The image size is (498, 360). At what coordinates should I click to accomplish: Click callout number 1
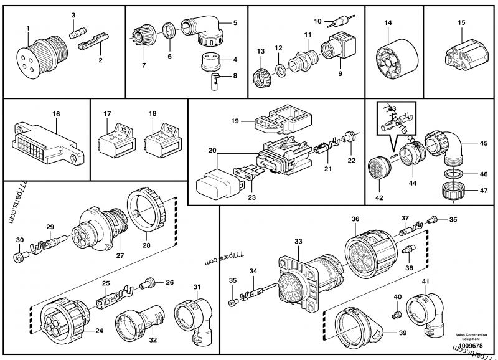click(28, 29)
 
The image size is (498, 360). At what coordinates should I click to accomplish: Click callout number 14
click(388, 23)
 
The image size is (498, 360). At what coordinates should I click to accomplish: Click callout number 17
click(107, 114)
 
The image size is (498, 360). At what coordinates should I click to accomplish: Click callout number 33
click(298, 241)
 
